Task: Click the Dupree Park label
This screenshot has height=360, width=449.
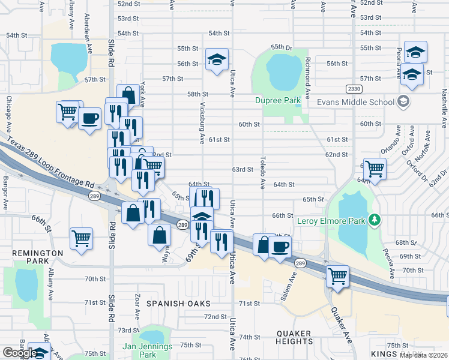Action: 277,100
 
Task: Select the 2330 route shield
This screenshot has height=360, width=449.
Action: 354,89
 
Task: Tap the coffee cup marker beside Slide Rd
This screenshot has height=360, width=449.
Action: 89,118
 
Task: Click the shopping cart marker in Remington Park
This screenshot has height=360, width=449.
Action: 81,238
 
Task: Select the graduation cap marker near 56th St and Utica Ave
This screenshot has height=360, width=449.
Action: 217,59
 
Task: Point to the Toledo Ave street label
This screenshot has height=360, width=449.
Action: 263,172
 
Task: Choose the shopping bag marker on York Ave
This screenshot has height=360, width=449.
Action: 128,95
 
